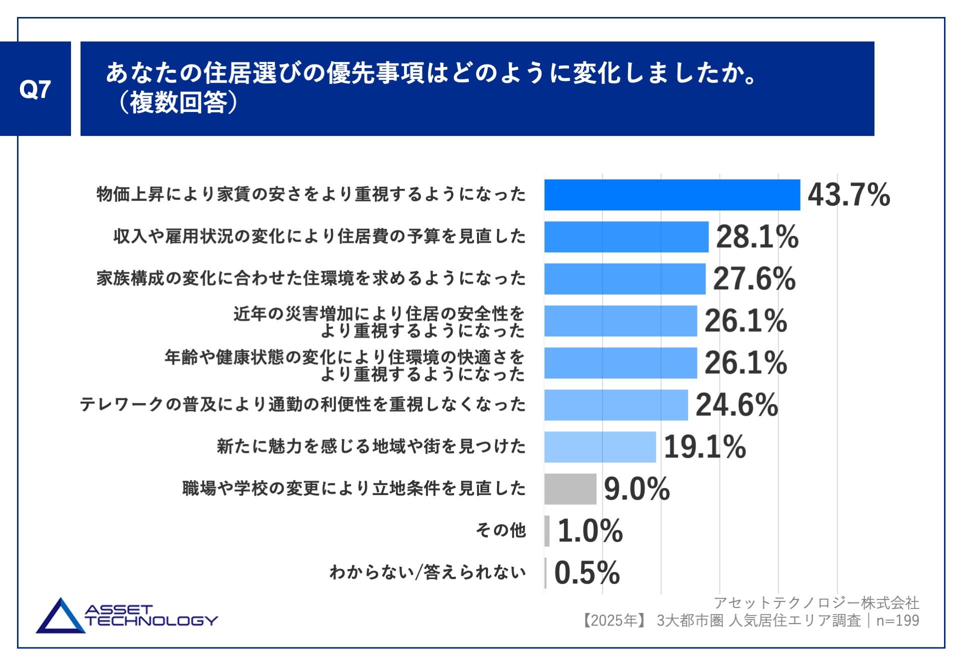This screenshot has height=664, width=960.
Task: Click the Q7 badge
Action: [x=35, y=89]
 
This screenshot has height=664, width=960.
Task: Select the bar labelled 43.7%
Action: [x=672, y=195]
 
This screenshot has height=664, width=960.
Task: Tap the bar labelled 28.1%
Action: [x=626, y=237]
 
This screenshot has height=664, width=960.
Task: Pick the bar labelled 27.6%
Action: [x=624, y=279]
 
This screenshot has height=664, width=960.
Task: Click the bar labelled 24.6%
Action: [x=616, y=405]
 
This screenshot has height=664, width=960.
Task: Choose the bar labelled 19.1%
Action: [x=600, y=447]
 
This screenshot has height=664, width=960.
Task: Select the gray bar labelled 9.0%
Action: [x=570, y=489]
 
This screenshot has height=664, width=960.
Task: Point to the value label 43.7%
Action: [x=849, y=195]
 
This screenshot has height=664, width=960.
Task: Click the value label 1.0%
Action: [x=590, y=531]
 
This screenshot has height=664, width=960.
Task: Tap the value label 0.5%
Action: [x=587, y=573]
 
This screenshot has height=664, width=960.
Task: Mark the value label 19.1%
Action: [x=705, y=447]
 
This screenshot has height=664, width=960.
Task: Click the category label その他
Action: [x=500, y=530]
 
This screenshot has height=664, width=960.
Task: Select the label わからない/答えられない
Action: [x=427, y=572]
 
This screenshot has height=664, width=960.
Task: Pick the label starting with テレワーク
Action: [x=303, y=404]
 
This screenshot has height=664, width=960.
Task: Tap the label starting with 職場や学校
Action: [x=354, y=488]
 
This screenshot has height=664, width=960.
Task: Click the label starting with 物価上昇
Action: [x=311, y=194]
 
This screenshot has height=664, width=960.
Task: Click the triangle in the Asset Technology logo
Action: [x=60, y=619]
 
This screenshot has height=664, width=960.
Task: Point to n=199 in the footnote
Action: [x=897, y=621]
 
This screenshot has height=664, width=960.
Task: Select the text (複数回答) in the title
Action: [x=178, y=103]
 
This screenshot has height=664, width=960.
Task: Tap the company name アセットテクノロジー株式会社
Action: [x=816, y=603]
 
